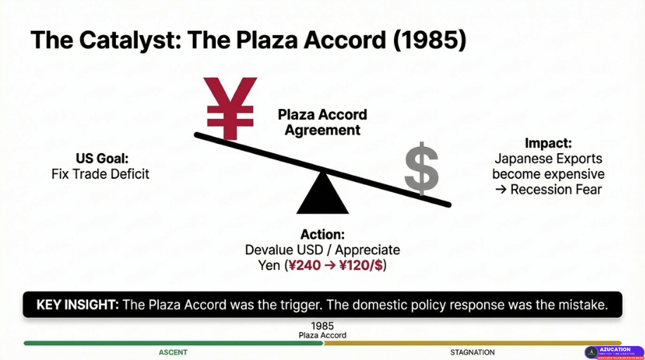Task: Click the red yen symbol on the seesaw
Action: point(229,108)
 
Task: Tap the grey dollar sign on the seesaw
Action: point(421,168)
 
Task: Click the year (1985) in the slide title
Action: point(430,39)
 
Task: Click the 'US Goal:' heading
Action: point(101,159)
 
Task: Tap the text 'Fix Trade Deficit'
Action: point(101,174)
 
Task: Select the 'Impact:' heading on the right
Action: point(548,143)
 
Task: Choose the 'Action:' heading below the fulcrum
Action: point(322,235)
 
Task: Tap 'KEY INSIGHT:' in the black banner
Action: point(77,305)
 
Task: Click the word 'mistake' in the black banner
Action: point(580,305)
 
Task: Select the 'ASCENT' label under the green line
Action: point(173,352)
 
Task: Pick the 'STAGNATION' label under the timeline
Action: point(472,352)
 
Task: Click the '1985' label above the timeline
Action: point(322,326)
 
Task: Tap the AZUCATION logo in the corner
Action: point(613,352)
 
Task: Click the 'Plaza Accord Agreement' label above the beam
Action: point(322,122)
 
